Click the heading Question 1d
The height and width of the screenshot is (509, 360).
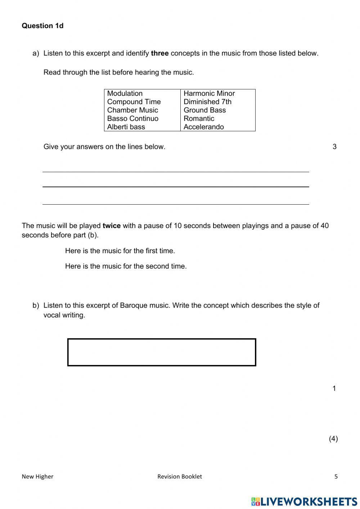(x=42, y=26)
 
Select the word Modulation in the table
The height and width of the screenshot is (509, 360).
(x=125, y=93)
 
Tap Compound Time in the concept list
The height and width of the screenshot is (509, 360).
(x=134, y=102)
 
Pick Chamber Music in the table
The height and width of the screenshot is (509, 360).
(x=132, y=110)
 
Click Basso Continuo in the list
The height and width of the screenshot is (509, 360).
(x=132, y=119)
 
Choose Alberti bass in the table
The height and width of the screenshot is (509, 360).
(x=126, y=127)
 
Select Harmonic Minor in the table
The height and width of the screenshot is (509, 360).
(x=209, y=93)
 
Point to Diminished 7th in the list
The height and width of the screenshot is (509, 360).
(x=207, y=102)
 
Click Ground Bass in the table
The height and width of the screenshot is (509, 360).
(x=204, y=110)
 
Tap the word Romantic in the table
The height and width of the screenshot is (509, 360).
(x=199, y=119)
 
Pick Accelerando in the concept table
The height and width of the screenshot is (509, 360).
(x=203, y=127)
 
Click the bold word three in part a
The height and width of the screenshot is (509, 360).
(x=160, y=53)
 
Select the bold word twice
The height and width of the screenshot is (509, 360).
(x=112, y=226)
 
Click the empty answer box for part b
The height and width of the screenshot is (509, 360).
(x=162, y=352)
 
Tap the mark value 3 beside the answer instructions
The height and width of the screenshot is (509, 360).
(x=334, y=147)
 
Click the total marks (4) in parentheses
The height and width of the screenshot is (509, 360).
(x=333, y=439)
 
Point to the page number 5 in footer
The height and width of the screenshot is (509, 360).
(x=336, y=477)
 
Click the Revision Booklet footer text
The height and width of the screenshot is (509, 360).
(x=180, y=477)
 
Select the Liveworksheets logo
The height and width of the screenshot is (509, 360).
(x=304, y=501)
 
